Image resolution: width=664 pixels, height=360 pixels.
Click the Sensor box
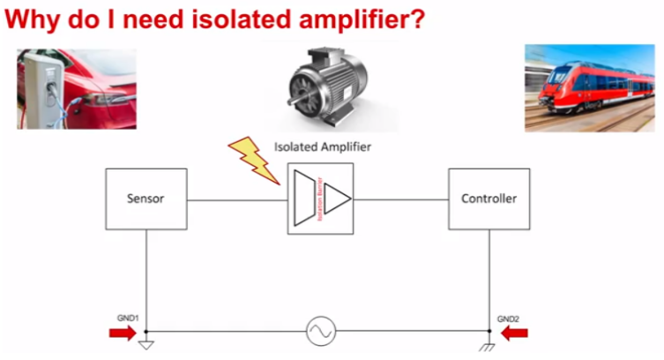pos(145,199)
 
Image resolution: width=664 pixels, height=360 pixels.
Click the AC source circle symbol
pos(318,332)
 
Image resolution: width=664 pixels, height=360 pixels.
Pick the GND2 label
pos(508,317)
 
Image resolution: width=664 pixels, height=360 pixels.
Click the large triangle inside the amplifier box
pos(305,199)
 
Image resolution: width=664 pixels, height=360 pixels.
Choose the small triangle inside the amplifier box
pos(337,199)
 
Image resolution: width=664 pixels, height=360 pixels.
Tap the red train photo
pos(590,88)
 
